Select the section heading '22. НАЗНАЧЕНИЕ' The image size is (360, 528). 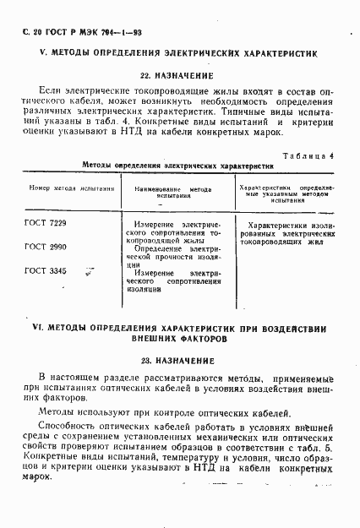coord(179,75)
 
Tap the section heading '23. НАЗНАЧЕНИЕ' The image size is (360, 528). coord(179,360)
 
